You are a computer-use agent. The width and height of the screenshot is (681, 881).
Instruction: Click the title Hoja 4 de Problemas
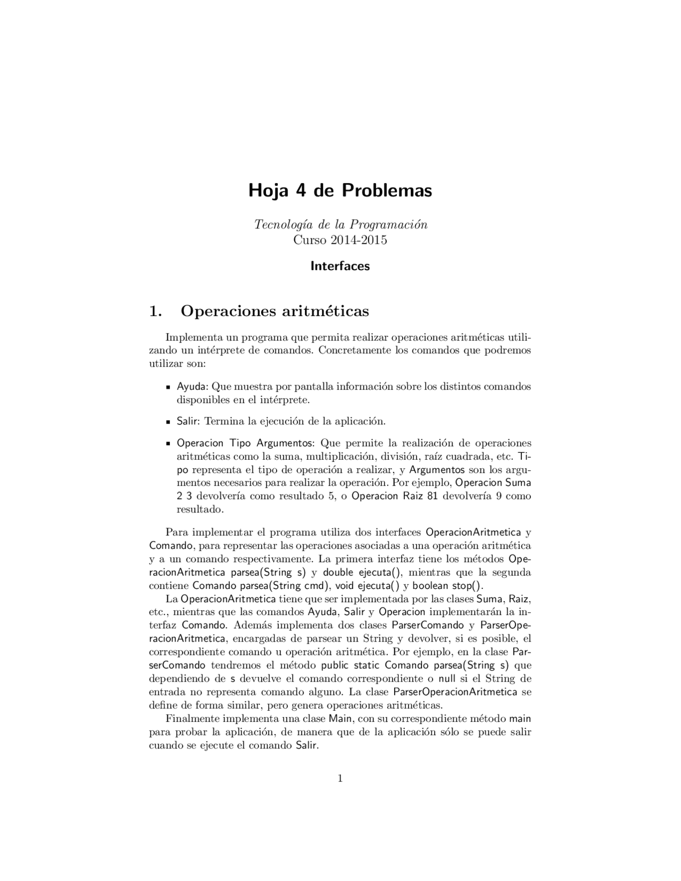[340, 190]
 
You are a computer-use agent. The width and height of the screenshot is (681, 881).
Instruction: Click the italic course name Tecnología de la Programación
[340, 225]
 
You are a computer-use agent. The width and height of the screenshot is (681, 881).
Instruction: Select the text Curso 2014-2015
[340, 240]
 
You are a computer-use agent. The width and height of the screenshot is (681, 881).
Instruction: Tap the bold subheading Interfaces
[340, 266]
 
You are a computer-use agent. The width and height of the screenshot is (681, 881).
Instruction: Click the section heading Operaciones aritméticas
[275, 311]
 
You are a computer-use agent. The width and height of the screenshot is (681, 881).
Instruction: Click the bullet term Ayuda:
[193, 387]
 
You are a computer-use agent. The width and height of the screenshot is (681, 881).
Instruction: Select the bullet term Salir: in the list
[188, 421]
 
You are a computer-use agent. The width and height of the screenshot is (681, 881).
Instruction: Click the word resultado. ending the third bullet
[200, 510]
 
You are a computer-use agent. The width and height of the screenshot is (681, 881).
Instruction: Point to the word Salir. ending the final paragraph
[307, 745]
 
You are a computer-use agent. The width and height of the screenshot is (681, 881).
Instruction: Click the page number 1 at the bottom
[340, 779]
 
